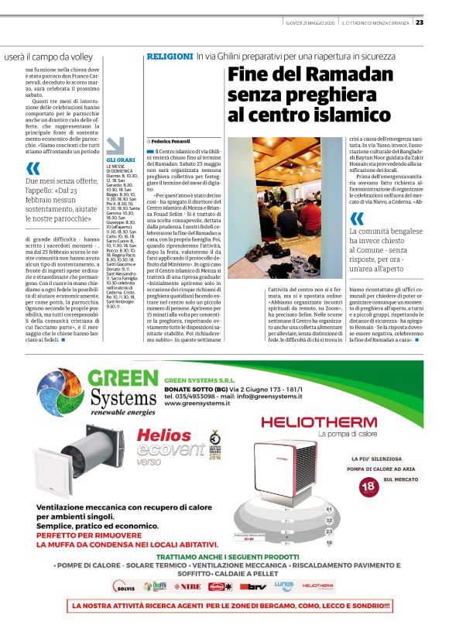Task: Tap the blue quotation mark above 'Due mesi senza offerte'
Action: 33,168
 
